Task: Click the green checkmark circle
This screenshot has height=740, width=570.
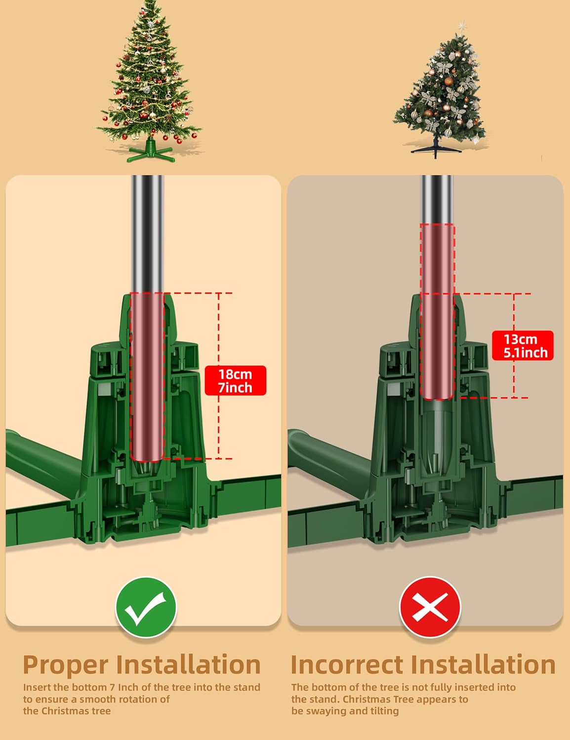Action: tap(146, 607)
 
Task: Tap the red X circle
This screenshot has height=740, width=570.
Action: tap(430, 607)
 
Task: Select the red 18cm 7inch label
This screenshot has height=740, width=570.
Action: tap(235, 381)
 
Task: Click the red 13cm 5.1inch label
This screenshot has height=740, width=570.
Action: tap(523, 346)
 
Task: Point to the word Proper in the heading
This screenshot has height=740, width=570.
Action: tap(66, 665)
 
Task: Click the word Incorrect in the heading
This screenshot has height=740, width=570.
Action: tap(347, 665)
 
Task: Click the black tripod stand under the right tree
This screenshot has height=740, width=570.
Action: tap(436, 148)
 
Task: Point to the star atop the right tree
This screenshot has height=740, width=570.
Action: tap(462, 26)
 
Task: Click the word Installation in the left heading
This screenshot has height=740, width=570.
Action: tap(188, 665)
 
